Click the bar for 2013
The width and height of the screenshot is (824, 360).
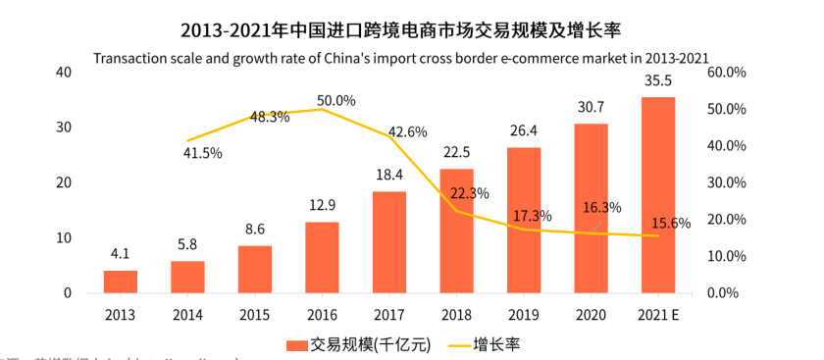[x=121, y=282]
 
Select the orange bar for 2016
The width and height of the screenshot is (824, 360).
[x=322, y=257]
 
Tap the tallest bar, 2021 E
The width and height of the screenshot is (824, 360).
[x=657, y=195]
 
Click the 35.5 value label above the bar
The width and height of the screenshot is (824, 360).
[x=657, y=81]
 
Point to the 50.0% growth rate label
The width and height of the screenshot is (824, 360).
[x=335, y=100]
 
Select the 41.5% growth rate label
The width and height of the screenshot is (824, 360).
[x=203, y=153]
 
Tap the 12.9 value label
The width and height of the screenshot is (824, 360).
[x=322, y=205]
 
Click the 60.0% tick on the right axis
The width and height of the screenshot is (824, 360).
[x=727, y=73]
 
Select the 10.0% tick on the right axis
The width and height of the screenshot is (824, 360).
[x=727, y=256]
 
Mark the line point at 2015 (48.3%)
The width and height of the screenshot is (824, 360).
[x=255, y=116]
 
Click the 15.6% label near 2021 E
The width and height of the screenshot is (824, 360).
[x=671, y=224]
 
